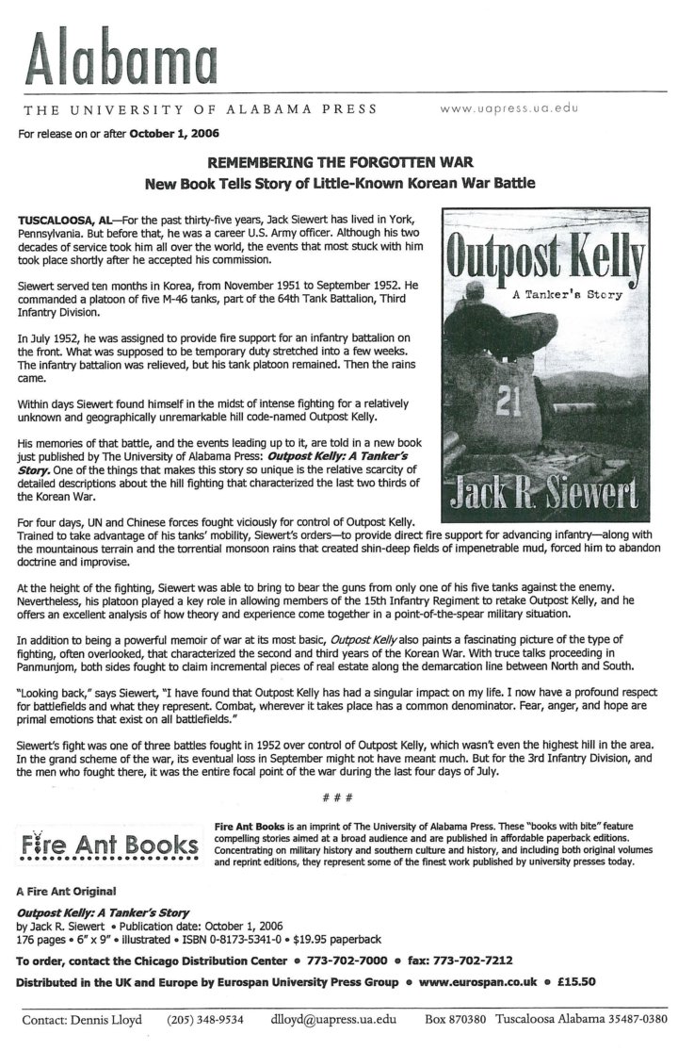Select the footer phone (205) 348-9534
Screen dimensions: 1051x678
[x=206, y=1020]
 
